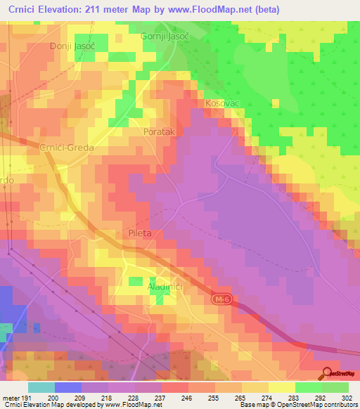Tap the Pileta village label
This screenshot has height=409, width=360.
(141, 233)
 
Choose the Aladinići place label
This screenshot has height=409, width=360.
(166, 288)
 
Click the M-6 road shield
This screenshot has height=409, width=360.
(221, 300)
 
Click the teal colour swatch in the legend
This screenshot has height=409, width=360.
(41, 387)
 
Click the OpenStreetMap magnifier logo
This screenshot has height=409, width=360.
(328, 375)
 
